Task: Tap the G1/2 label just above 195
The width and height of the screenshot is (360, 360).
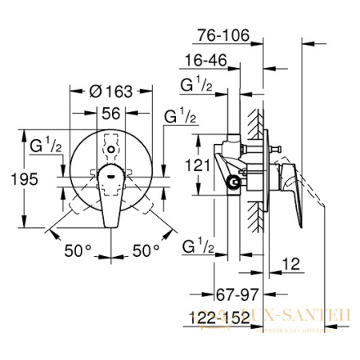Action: click(43, 146)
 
